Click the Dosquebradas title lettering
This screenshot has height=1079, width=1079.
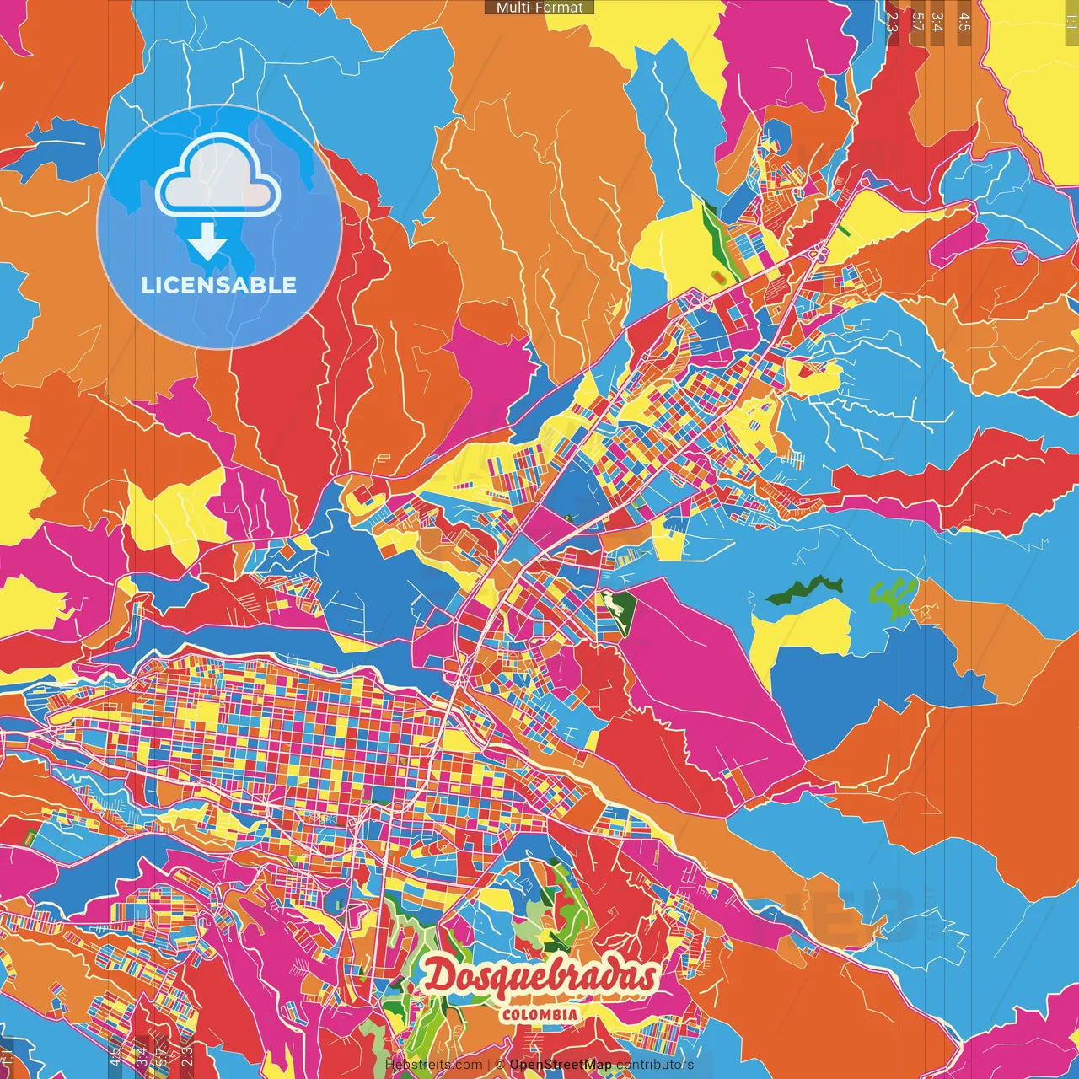[x=539, y=977]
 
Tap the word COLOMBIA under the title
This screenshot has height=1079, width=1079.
[x=539, y=1015]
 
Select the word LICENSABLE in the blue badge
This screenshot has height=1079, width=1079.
[x=219, y=285]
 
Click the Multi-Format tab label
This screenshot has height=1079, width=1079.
[x=539, y=8]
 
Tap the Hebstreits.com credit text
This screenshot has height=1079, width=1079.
[x=433, y=1065]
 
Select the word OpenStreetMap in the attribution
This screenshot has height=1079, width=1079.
[x=561, y=1065]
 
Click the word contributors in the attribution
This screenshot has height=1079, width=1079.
[x=655, y=1065]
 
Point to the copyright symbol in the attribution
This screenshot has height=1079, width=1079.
[x=499, y=1065]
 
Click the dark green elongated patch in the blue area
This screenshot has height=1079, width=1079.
[x=804, y=589]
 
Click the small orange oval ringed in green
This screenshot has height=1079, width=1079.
[x=717, y=276]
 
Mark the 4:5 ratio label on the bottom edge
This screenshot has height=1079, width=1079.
[x=115, y=1055]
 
